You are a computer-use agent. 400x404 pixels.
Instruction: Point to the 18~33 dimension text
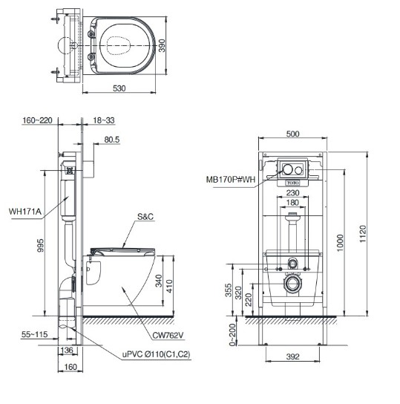point(105,120)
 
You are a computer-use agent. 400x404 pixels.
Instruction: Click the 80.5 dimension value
point(112,139)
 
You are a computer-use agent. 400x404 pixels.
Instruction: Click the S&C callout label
point(145,218)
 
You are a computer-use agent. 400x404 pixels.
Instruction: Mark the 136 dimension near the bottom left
point(66,351)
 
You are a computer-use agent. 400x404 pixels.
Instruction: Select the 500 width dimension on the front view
point(292,134)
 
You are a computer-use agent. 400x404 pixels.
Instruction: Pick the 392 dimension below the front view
point(292,357)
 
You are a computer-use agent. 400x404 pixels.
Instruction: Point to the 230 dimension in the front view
point(293,191)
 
